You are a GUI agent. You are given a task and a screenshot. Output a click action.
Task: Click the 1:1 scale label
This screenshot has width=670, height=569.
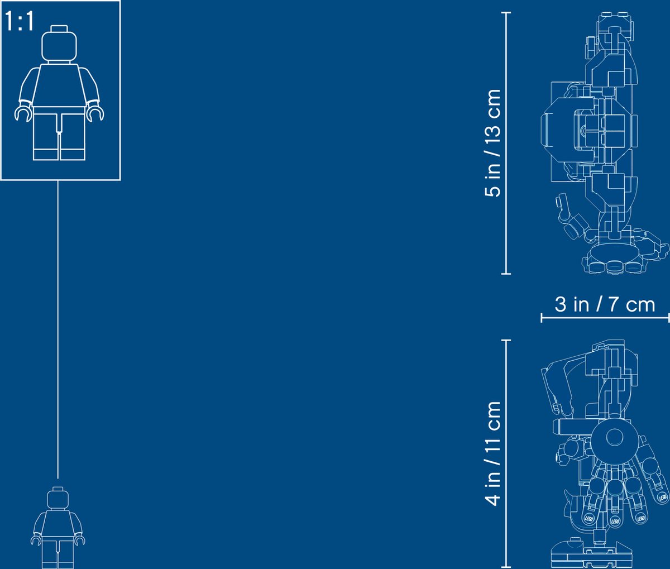[20, 21]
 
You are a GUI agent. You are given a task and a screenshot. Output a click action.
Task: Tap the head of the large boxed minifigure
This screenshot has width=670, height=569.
[59, 46]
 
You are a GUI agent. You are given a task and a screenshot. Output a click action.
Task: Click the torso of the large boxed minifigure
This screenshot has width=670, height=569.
[59, 85]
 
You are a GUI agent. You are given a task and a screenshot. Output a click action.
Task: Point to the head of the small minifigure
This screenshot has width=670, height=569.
[58, 500]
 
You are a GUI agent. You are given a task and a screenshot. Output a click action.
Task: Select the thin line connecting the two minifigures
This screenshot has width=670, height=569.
[58, 329]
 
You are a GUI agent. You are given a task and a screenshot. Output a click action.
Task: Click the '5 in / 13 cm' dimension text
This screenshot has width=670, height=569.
[492, 143]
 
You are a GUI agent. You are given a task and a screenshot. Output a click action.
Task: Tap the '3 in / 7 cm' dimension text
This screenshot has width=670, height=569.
[605, 304]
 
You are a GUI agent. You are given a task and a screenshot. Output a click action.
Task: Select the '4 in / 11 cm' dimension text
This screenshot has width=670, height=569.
[492, 453]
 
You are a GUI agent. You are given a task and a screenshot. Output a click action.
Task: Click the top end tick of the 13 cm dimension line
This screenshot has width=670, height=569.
[506, 13]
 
